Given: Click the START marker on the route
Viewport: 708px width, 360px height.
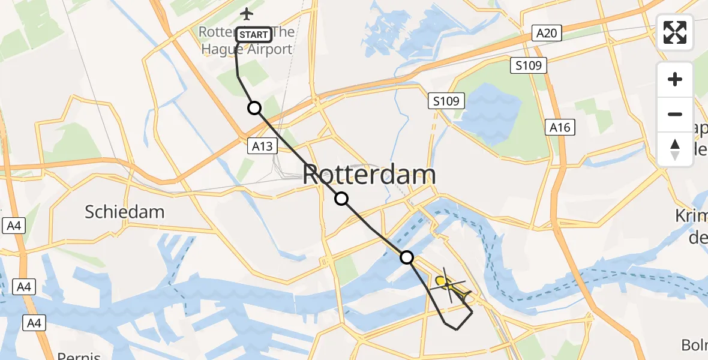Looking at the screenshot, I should pos(254,35).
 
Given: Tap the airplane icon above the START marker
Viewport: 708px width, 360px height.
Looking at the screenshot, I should pos(246,13).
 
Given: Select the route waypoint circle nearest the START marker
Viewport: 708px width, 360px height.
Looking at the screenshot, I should pos(254,108).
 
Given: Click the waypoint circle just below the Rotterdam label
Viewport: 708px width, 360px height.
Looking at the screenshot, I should pos(341,199).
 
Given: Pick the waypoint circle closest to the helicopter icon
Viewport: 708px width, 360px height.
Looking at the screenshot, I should pos(407,258).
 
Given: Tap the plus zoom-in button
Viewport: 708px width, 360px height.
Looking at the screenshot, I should pos(675,79).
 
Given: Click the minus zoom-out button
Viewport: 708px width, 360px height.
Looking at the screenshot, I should pos(675,114).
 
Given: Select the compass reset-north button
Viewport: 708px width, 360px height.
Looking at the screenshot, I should pos(675,149).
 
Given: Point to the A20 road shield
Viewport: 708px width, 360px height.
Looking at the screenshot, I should pos(547,33).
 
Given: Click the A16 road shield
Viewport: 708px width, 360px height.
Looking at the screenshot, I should pos(560,127).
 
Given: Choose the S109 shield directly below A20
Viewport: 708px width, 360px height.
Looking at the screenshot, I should pos(529,65).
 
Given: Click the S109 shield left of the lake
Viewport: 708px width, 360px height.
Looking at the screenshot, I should pos(447,101).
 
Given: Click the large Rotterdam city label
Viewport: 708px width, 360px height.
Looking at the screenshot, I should pos(369,175).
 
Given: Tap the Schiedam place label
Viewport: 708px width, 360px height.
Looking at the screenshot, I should pos(125,211).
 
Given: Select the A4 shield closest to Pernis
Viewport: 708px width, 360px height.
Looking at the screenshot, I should pos(34,323).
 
